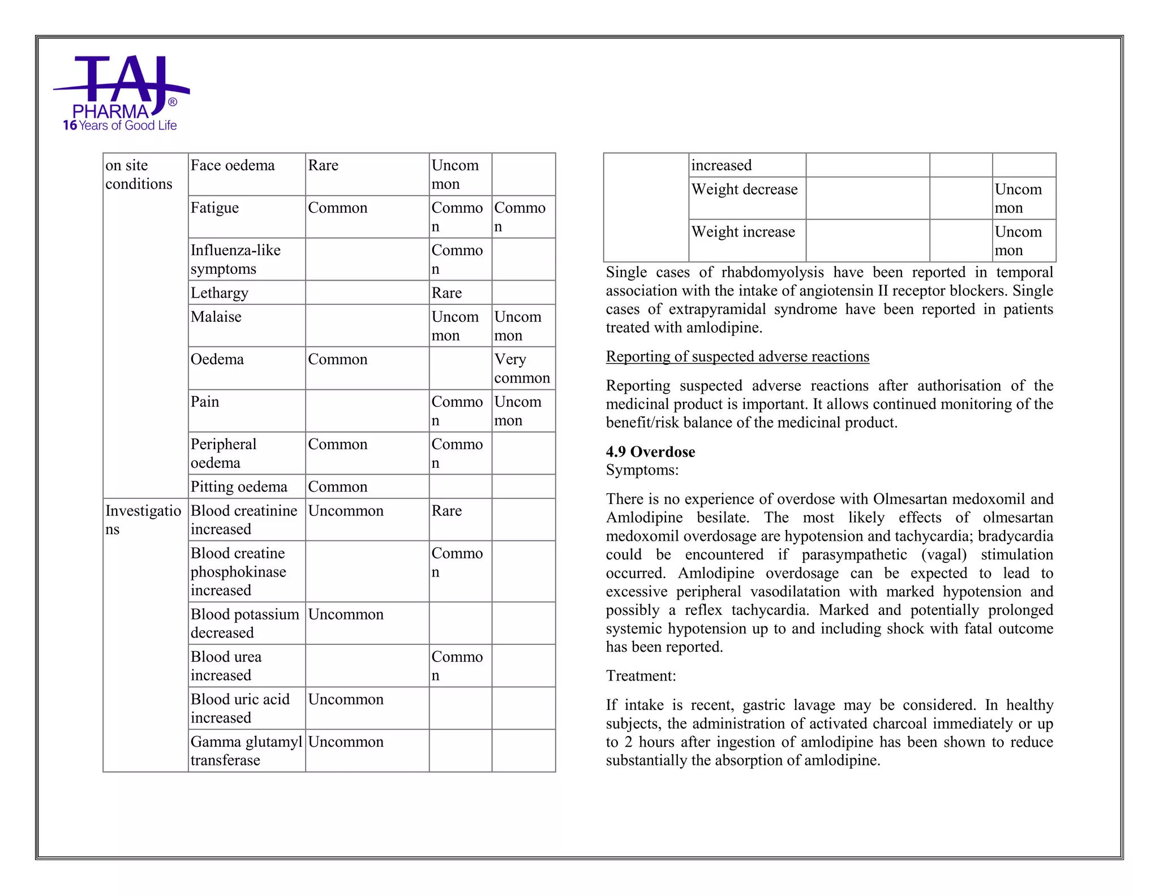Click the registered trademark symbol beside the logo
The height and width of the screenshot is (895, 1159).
173,102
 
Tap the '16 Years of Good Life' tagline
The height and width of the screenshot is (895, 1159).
120,126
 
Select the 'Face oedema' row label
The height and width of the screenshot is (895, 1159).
233,166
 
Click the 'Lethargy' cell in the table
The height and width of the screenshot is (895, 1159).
220,293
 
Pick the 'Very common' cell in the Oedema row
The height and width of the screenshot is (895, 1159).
522,368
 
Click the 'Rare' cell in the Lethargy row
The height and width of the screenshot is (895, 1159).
447,293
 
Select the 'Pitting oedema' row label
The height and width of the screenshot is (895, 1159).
239,487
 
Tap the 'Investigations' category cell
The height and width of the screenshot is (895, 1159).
143,519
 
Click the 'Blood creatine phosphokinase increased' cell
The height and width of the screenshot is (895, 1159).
238,571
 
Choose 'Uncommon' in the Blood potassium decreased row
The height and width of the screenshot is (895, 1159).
346,614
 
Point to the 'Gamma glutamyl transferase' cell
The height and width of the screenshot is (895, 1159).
246,751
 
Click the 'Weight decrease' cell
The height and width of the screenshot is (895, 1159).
744,190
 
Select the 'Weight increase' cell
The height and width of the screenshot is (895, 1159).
743,232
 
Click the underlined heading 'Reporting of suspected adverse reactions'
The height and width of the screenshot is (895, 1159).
737,356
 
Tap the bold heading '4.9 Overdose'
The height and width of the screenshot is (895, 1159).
650,451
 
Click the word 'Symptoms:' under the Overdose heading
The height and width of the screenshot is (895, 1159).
642,470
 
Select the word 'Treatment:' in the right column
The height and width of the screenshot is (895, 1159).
641,676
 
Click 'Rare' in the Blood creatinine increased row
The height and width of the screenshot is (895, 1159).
447,511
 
